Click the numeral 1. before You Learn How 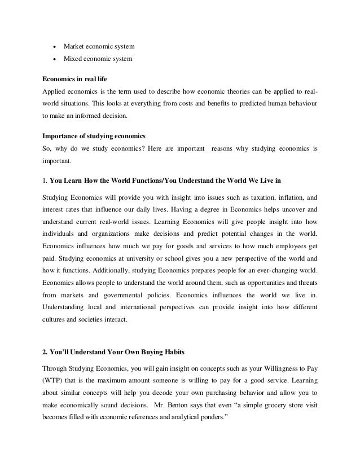pos(45,180)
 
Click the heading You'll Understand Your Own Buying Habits pos(109,354)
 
